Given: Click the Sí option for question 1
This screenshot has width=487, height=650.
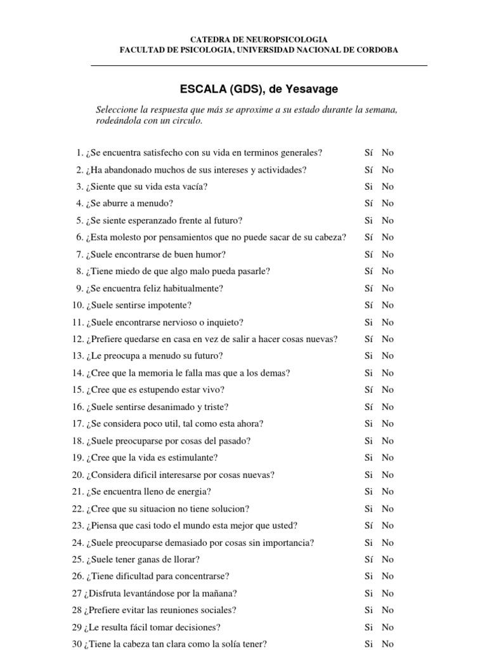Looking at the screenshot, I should point(368,153).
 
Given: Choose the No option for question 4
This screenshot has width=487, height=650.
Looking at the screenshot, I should point(387,204).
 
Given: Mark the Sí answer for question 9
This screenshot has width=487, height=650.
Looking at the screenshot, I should point(368,288).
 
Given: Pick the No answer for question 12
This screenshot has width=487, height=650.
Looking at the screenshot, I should point(387,339).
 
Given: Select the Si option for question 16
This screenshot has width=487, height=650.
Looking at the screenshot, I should point(368,407).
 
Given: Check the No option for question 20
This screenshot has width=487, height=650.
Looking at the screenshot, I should point(387,475).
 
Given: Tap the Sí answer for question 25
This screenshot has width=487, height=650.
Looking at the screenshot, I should point(368,559).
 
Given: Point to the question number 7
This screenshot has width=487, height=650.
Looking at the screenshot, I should point(79,255).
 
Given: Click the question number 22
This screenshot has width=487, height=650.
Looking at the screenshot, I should point(77,508).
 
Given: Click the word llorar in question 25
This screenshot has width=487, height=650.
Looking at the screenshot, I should point(186,559).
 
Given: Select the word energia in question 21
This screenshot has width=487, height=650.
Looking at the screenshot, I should point(193,491).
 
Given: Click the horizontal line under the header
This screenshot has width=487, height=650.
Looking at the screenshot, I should point(259,65).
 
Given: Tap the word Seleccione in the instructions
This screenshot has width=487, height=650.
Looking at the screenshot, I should point(116,110).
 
